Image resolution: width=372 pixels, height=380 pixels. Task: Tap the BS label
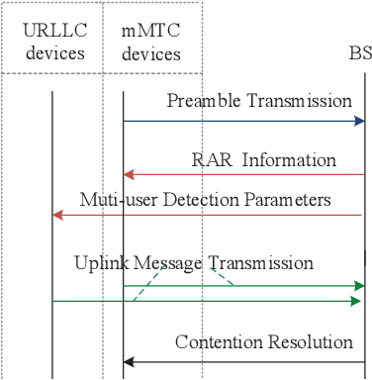tap(361, 52)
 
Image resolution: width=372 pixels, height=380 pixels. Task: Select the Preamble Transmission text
tap(259, 100)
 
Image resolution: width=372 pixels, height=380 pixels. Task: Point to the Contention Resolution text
tap(263, 342)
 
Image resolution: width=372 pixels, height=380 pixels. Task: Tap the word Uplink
tap(98, 263)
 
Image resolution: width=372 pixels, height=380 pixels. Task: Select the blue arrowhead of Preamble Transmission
tap(359, 121)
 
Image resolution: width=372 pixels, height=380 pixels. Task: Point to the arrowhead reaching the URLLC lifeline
tap(57, 215)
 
